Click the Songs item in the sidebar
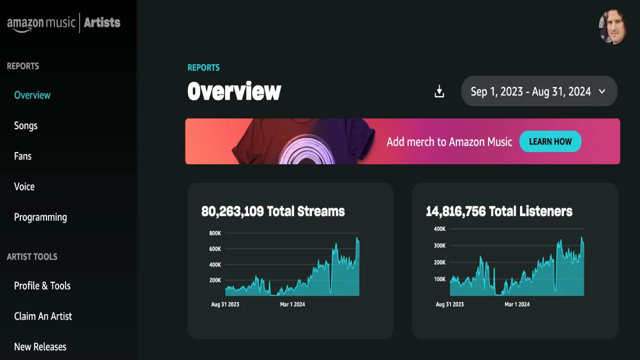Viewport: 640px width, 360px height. (x=26, y=126)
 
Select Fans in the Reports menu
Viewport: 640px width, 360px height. (x=23, y=156)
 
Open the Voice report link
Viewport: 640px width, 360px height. (x=25, y=187)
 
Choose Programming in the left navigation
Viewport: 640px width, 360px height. (x=41, y=217)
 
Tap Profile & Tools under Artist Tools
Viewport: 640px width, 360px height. (x=42, y=286)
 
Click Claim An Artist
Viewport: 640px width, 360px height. (x=43, y=316)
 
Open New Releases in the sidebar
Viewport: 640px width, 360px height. (x=40, y=347)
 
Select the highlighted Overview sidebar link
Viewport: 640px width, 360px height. (x=32, y=95)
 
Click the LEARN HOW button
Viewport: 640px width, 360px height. (x=550, y=141)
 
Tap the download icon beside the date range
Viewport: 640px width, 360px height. (x=439, y=92)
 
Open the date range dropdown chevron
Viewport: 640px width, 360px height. (x=602, y=92)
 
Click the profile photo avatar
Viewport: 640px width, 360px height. (x=612, y=27)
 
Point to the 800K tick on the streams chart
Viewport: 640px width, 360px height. (x=215, y=233)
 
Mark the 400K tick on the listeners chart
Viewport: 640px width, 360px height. (x=439, y=229)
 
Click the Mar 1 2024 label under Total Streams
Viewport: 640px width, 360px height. (x=292, y=305)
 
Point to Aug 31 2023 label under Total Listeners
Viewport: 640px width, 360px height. (x=450, y=305)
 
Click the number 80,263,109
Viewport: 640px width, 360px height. (x=233, y=211)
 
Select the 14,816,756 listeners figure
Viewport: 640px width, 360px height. (x=455, y=211)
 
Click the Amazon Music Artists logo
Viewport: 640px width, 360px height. (x=63, y=23)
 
